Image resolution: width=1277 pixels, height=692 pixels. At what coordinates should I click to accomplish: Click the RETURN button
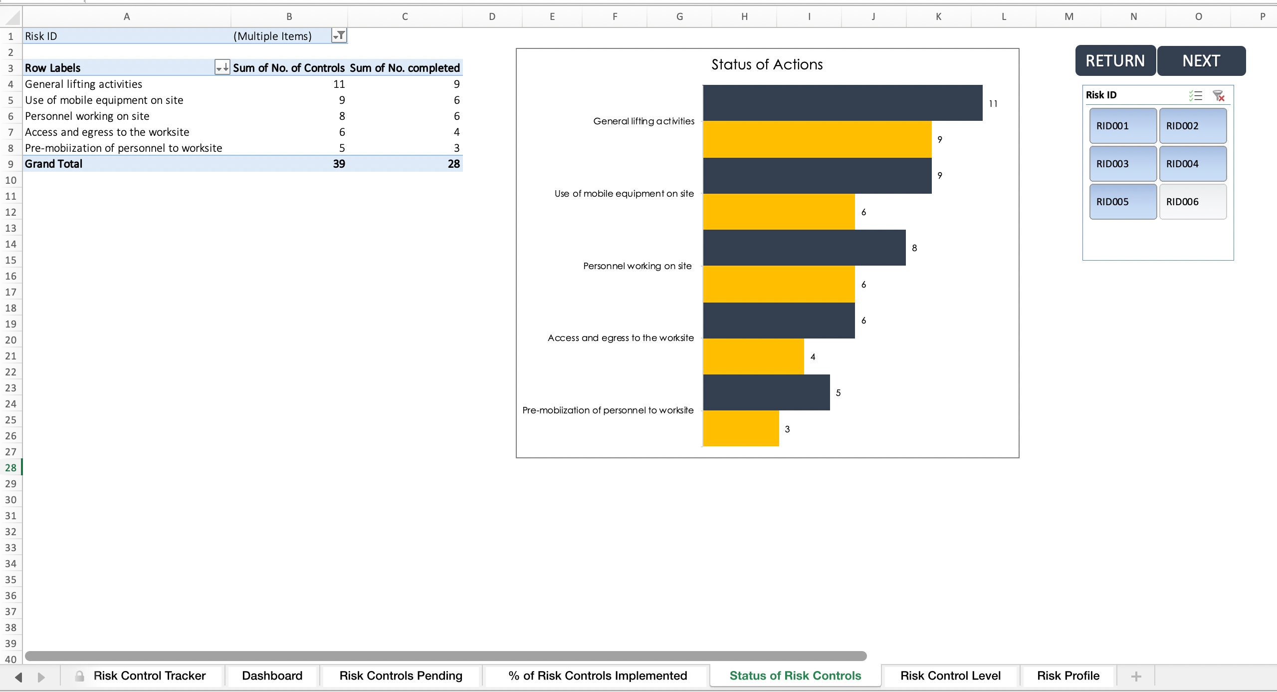1115,61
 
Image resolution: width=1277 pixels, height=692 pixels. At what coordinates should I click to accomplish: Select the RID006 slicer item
1192,202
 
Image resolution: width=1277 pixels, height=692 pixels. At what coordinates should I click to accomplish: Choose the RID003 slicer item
1122,164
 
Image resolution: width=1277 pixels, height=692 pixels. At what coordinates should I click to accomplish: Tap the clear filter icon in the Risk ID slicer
1219,95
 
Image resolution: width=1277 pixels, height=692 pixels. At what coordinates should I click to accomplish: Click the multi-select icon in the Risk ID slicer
1195,95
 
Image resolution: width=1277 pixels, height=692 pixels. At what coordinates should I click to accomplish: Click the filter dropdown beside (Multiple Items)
339,35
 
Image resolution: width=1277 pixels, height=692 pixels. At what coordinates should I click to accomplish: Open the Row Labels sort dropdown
222,67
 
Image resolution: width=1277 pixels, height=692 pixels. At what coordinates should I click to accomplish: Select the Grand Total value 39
339,164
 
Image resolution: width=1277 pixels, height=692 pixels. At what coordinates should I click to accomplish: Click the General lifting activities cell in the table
84,84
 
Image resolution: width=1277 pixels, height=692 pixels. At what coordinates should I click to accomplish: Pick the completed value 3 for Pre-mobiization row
456,148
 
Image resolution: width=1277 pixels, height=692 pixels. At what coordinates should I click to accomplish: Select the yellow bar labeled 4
753,356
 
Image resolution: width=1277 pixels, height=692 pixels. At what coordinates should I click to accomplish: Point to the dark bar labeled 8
804,248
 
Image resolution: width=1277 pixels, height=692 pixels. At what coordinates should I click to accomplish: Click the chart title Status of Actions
767,64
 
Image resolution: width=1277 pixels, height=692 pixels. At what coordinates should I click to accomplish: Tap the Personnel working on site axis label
637,266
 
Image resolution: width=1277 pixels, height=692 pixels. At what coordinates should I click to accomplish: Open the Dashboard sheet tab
272,676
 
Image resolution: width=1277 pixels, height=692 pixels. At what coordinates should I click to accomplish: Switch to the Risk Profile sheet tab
1068,676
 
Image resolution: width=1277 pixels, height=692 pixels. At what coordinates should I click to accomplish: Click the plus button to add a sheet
1136,676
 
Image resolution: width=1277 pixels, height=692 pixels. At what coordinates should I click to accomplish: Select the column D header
492,16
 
